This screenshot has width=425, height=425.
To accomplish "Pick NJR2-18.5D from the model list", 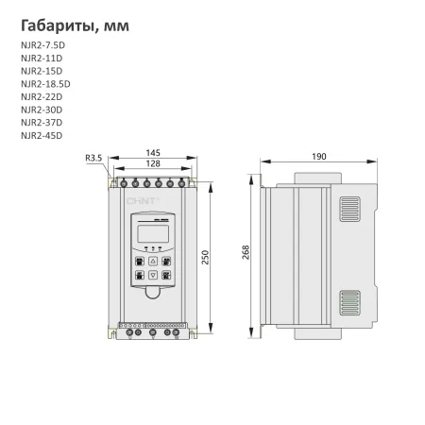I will [44, 84].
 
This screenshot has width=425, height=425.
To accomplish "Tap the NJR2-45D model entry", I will [41, 134].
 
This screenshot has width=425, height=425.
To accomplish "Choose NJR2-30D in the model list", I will [41, 110].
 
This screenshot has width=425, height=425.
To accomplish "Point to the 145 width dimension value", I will [152, 152].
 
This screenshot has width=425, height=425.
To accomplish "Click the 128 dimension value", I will [152, 163].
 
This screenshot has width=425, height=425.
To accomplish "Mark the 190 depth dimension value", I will [320, 157].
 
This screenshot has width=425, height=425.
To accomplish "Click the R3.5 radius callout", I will [93, 158].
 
